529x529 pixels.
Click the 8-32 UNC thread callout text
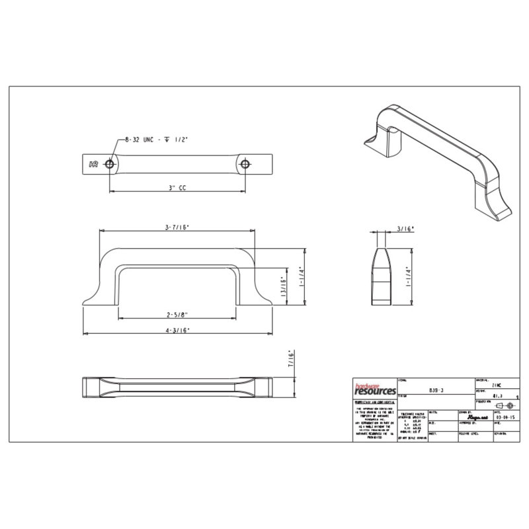click(x=157, y=140)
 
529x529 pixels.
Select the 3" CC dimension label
click(x=177, y=188)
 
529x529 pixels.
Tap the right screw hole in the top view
click(x=247, y=163)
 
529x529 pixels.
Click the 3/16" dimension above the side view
click(x=405, y=229)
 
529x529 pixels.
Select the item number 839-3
click(x=434, y=391)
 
